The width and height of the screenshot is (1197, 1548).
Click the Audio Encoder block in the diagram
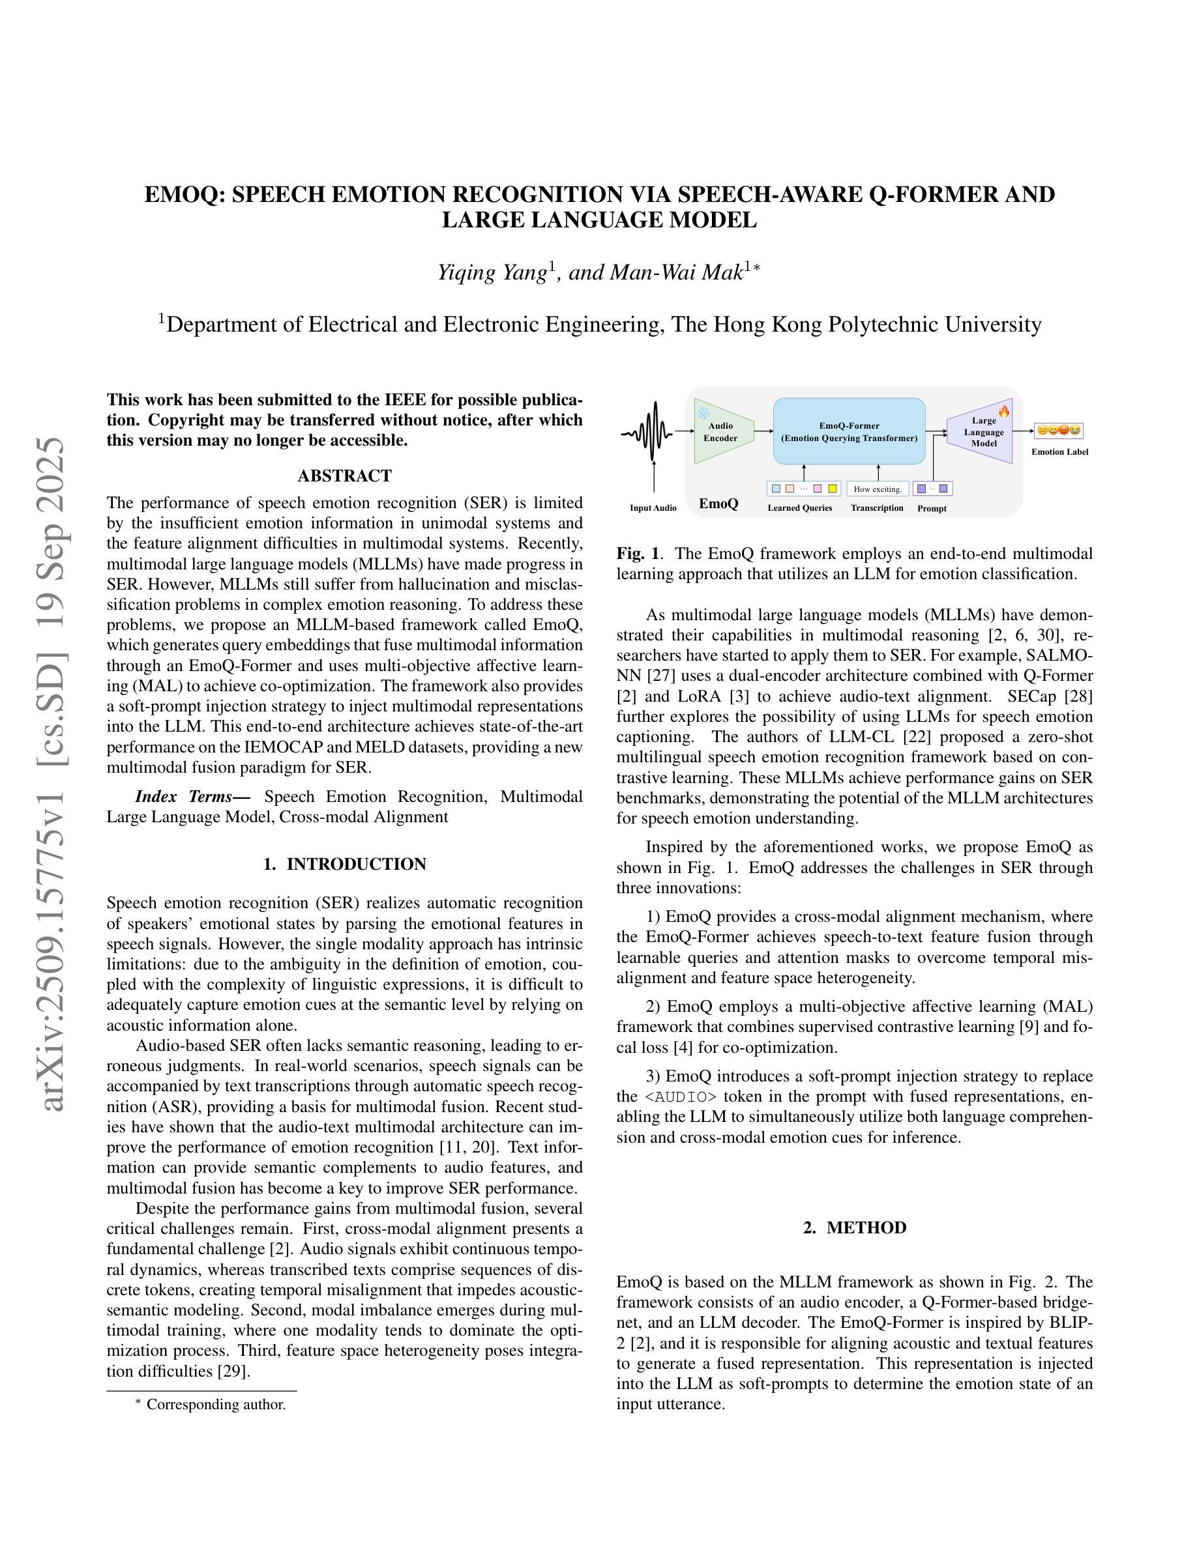pyautogui.click(x=720, y=432)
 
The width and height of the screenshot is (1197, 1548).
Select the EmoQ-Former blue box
pyautogui.click(x=849, y=431)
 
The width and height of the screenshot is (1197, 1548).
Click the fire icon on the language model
pyautogui.click(x=1003, y=411)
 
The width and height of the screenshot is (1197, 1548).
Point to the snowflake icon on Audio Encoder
pyautogui.click(x=703, y=413)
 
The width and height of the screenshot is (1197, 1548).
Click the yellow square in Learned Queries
pyautogui.click(x=832, y=489)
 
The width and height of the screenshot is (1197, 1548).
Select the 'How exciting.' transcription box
pyautogui.click(x=877, y=489)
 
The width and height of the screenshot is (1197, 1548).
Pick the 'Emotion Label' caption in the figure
pyautogui.click(x=1059, y=451)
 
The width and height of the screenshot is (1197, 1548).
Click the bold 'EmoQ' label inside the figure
pyautogui.click(x=718, y=504)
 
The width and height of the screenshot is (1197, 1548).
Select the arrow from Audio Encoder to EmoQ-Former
pyautogui.click(x=763, y=431)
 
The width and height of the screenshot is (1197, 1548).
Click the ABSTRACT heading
pyautogui.click(x=345, y=476)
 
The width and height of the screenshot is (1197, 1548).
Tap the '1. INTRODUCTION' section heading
pyautogui.click(x=345, y=864)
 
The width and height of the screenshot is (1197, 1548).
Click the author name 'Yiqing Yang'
pyautogui.click(x=492, y=272)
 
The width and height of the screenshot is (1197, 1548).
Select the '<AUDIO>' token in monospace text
pyautogui.click(x=680, y=1097)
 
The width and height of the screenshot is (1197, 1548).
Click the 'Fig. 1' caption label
pyautogui.click(x=637, y=553)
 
